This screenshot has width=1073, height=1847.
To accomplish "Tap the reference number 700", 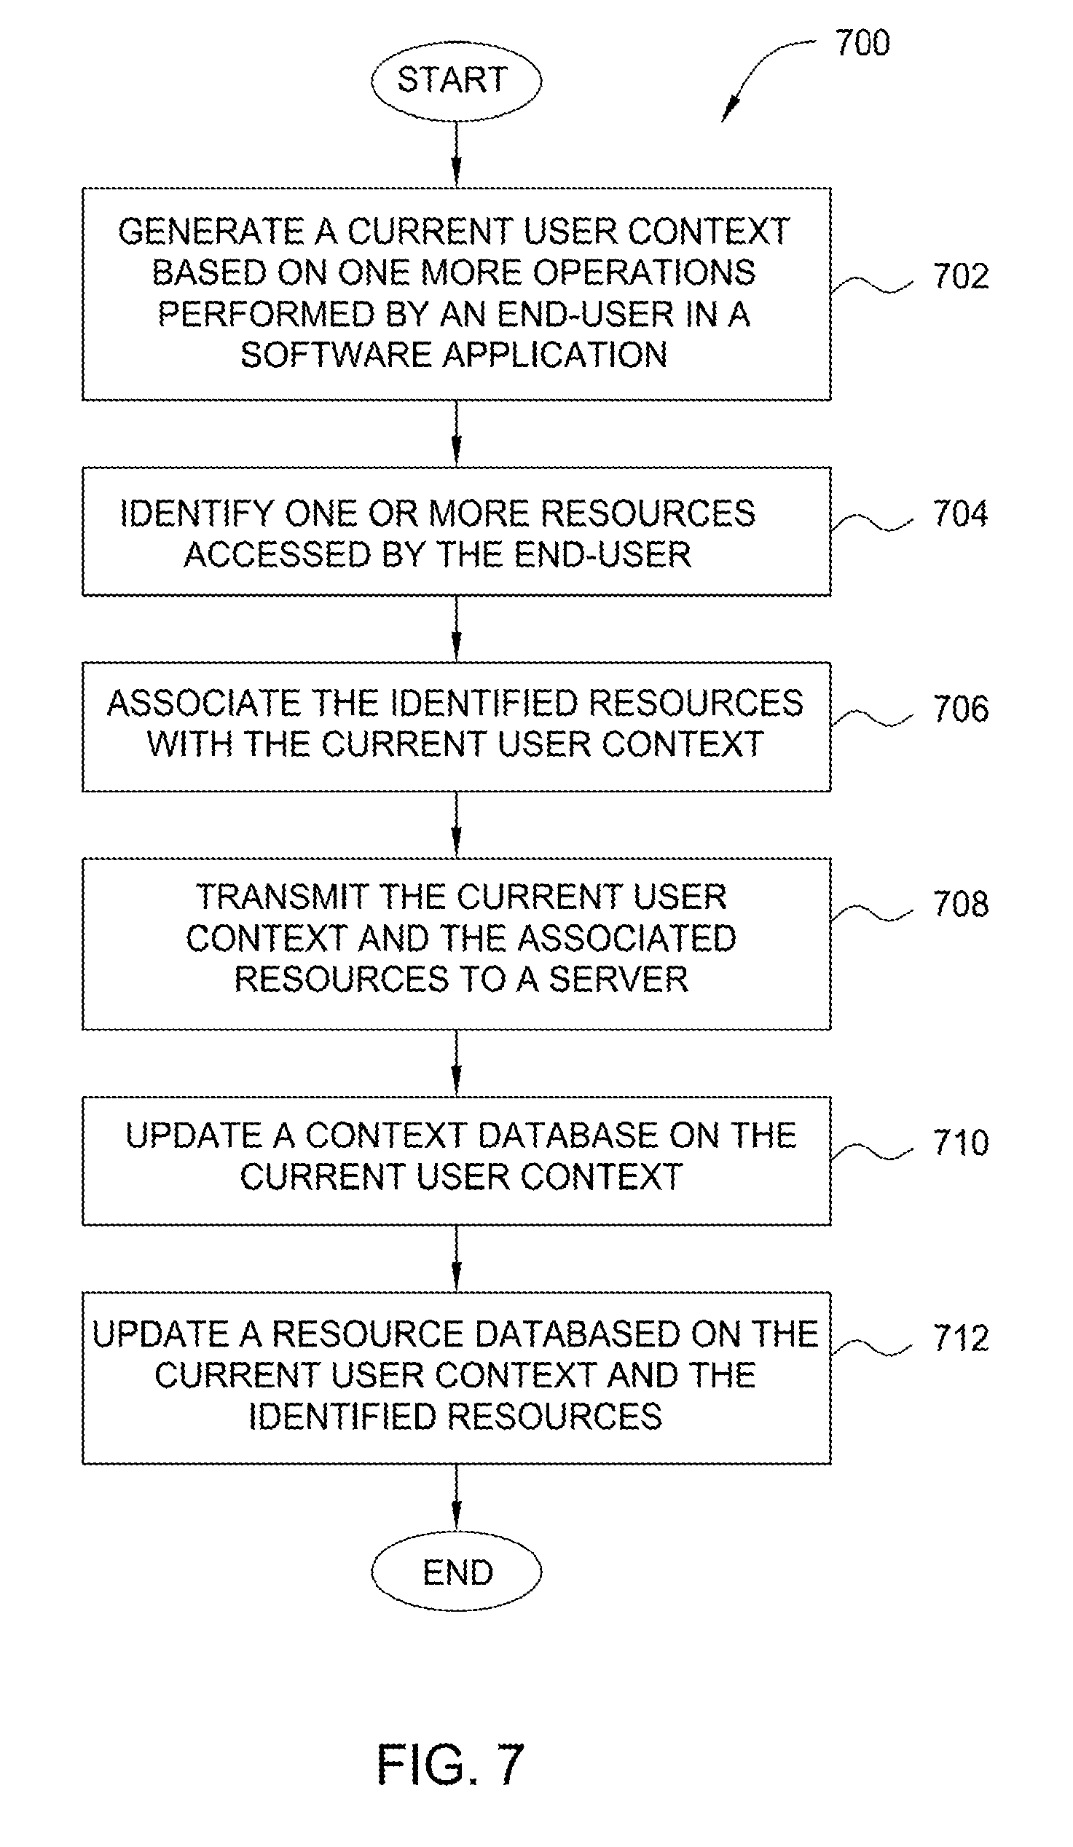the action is (862, 43).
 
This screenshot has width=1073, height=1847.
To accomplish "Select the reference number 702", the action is (960, 277).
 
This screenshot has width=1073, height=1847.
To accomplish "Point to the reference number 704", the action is (960, 513).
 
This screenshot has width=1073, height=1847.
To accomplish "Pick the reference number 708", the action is (960, 905).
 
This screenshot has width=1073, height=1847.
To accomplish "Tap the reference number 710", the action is (960, 1143).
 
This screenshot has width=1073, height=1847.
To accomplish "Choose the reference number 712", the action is (960, 1339).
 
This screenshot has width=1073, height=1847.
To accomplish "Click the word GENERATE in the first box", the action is (211, 232).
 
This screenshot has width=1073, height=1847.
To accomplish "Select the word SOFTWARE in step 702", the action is (337, 355).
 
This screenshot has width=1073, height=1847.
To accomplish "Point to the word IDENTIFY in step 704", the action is (197, 513).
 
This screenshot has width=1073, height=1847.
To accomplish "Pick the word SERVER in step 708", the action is (618, 980).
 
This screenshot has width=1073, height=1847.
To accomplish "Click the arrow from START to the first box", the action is (456, 154).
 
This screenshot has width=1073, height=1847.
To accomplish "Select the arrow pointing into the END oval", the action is (456, 1497).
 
